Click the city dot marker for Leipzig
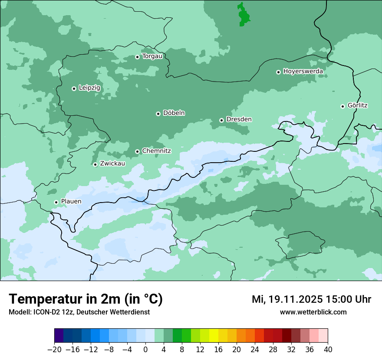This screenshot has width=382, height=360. click(74, 88)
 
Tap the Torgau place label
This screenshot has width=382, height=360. click(152, 56)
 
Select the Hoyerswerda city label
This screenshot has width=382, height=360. click(303, 72)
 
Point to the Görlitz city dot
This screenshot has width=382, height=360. click(342, 106)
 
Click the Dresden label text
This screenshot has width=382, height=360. click(239, 119)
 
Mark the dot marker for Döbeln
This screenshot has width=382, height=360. click(158, 114)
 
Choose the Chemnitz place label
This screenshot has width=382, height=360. click(156, 151)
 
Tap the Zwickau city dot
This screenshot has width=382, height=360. click(95, 164)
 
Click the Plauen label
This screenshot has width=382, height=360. click(71, 202)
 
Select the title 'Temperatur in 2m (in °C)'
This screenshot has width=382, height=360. click(86, 299)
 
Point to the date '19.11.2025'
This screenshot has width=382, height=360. click(295, 299)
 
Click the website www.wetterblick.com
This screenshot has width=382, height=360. click(313, 312)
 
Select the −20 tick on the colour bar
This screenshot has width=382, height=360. click(54, 350)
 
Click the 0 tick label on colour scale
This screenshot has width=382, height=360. click(145, 350)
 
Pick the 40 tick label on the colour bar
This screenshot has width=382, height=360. click(328, 350)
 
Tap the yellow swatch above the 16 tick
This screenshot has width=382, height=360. click(214, 336)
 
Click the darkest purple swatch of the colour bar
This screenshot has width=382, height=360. click(59, 336)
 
